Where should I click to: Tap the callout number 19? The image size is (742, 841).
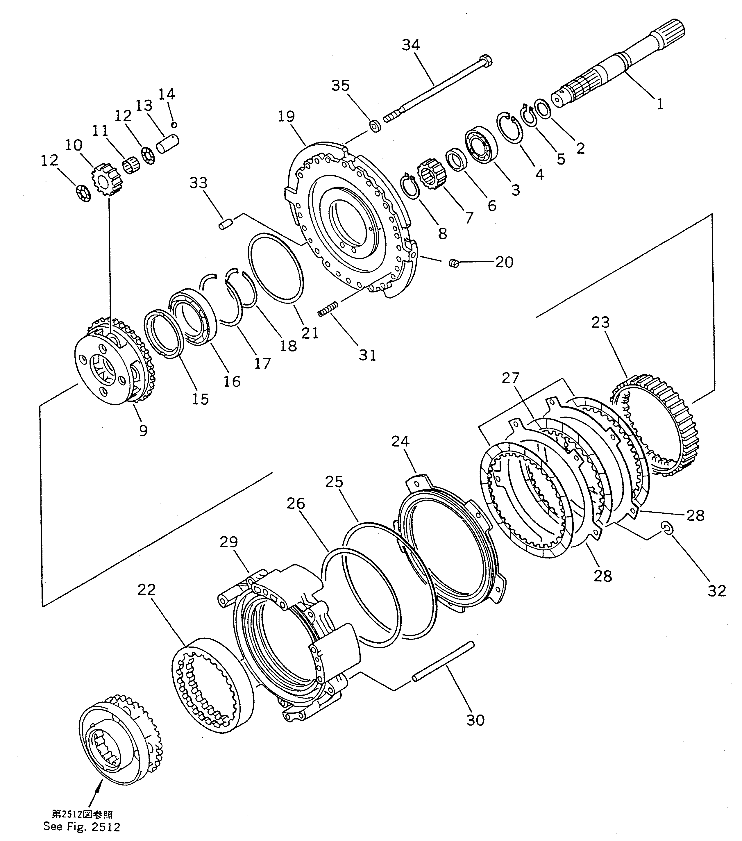click(x=286, y=117)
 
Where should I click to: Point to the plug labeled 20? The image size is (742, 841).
click(x=454, y=263)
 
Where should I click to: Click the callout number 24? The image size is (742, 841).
click(x=400, y=442)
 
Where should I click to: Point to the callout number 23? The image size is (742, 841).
click(x=600, y=322)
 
